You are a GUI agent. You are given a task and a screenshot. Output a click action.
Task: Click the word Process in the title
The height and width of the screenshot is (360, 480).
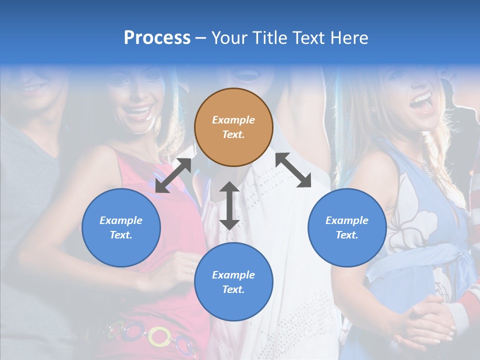[x=157, y=37]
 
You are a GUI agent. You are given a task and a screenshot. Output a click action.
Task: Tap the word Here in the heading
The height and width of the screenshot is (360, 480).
[x=349, y=37]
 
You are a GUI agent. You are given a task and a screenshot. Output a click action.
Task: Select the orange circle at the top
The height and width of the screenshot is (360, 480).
[x=233, y=127]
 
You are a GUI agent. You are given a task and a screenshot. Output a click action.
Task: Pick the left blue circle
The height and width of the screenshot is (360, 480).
[x=121, y=227]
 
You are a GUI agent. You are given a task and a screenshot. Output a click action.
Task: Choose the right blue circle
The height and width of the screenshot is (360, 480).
[x=347, y=227]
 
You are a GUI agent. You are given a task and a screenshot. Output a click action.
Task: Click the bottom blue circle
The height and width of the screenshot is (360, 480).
[x=233, y=281]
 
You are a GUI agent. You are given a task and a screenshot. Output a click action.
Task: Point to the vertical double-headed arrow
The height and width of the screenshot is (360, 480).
[x=229, y=205]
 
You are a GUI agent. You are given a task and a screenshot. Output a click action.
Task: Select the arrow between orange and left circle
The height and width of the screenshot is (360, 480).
[x=173, y=175]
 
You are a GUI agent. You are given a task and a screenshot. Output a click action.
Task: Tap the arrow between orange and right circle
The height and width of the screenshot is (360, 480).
[x=293, y=170]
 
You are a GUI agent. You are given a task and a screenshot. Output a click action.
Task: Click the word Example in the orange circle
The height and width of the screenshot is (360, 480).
[x=233, y=120]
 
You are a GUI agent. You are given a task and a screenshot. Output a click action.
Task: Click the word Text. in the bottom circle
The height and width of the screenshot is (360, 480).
[x=233, y=289]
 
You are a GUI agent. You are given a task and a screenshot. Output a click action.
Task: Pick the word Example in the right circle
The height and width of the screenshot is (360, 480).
[x=347, y=220]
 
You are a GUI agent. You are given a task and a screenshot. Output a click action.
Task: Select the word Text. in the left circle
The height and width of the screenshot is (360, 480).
[x=121, y=235]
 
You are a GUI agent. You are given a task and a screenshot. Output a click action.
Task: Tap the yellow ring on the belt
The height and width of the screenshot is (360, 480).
[x=159, y=336]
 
